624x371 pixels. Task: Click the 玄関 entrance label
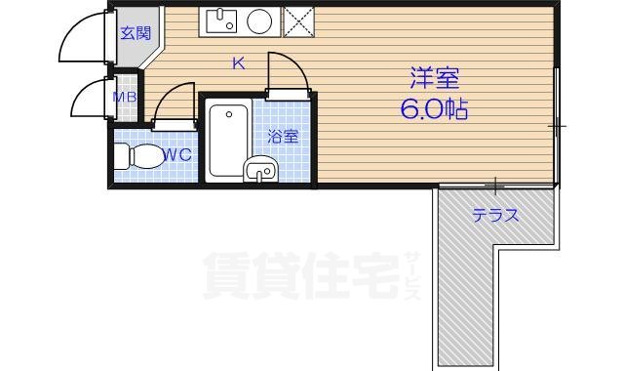(x=135, y=32)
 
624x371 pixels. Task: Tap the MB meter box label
(x=125, y=97)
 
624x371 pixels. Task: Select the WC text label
(x=176, y=154)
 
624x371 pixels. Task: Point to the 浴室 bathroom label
(x=283, y=138)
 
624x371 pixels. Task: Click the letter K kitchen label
(x=238, y=64)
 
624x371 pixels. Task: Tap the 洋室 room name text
(x=433, y=77)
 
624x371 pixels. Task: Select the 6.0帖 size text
(x=433, y=107)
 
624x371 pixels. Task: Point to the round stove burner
(x=259, y=21)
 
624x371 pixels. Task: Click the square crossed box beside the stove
(x=297, y=21)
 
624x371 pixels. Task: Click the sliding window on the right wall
(x=557, y=127)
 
